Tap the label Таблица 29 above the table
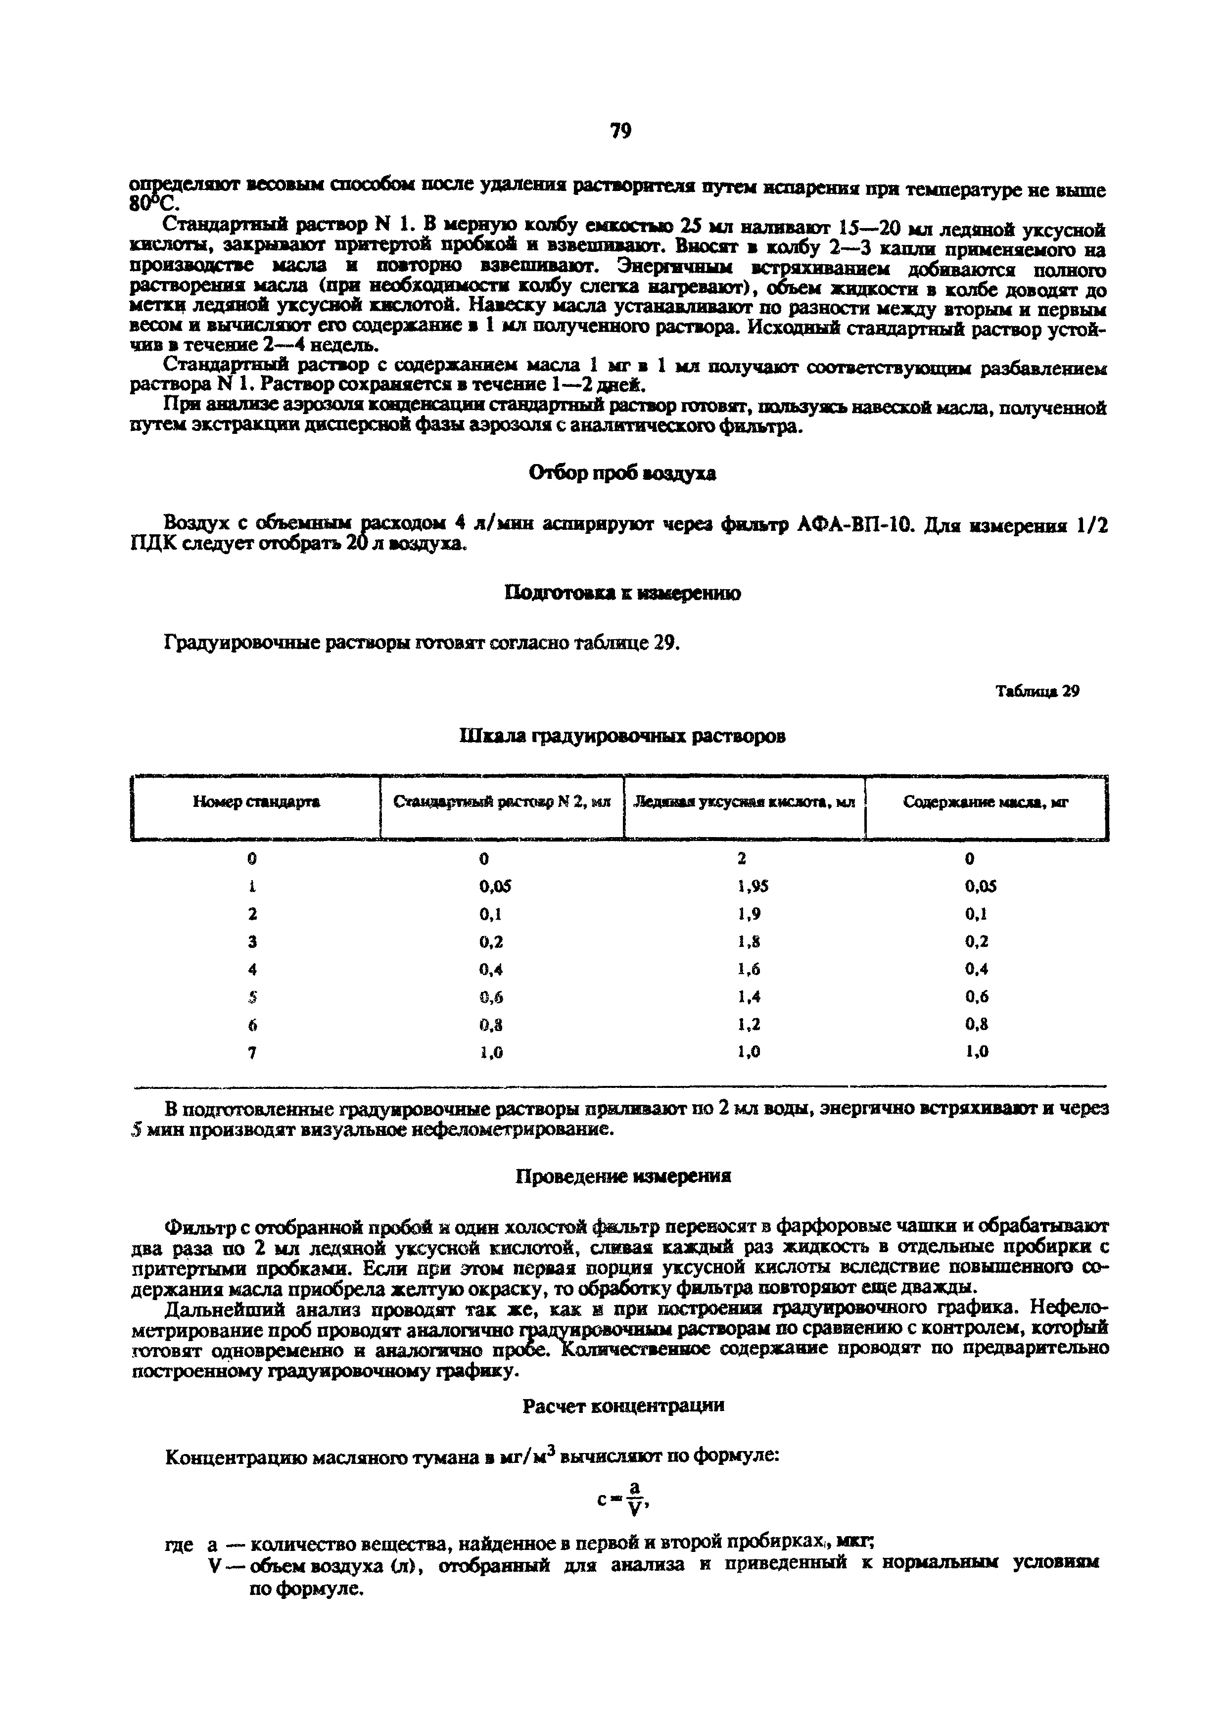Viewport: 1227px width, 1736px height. (x=1037, y=691)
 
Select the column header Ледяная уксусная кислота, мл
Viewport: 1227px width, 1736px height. (x=744, y=802)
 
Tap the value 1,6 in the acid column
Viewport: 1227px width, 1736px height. (x=749, y=969)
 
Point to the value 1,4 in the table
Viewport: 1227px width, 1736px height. (x=749, y=996)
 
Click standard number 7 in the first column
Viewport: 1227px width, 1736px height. (x=252, y=1052)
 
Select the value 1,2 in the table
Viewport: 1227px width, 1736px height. (x=749, y=1025)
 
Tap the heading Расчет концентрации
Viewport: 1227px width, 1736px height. (x=623, y=1406)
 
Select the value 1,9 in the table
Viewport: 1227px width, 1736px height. (x=749, y=914)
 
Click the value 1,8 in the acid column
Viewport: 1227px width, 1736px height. (x=749, y=942)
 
